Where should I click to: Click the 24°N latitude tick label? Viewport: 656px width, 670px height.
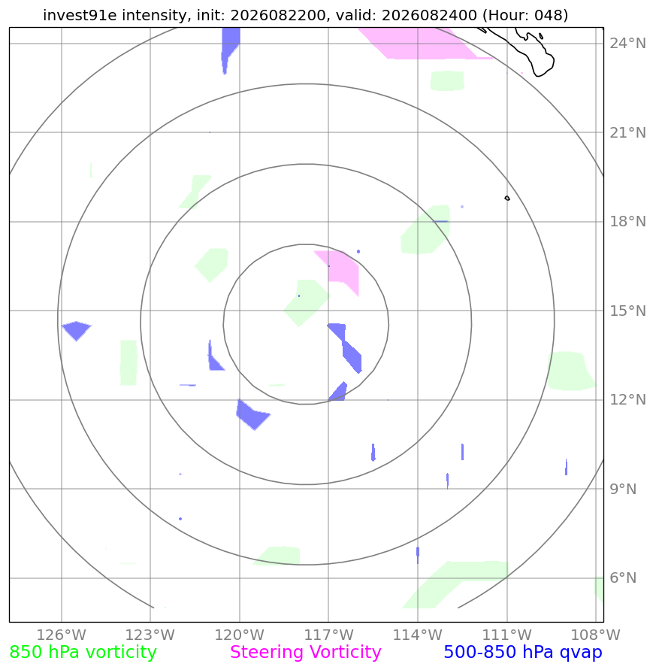click(627, 43)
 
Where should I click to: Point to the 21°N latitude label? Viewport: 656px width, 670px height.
click(627, 132)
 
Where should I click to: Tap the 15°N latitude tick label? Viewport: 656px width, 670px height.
click(627, 311)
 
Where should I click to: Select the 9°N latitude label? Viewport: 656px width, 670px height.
click(623, 489)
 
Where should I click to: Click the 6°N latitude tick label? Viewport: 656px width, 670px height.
click(623, 578)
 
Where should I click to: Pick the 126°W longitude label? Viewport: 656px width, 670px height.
click(62, 635)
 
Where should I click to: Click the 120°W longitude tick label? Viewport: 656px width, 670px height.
click(240, 635)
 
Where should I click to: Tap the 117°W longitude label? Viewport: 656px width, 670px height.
click(328, 635)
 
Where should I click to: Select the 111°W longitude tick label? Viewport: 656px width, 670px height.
click(507, 635)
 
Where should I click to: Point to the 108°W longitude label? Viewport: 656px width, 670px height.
click(596, 635)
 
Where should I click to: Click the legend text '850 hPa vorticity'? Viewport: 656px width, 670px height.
click(83, 653)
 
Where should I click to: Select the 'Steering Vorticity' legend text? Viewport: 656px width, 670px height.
click(305, 653)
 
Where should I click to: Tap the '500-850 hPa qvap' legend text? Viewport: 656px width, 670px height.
click(523, 653)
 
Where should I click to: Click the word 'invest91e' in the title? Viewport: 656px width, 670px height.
click(80, 15)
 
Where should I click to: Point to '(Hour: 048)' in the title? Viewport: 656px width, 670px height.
click(525, 15)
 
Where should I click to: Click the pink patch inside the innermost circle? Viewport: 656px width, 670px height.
click(340, 270)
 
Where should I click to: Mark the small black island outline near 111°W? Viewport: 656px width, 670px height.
click(507, 199)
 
